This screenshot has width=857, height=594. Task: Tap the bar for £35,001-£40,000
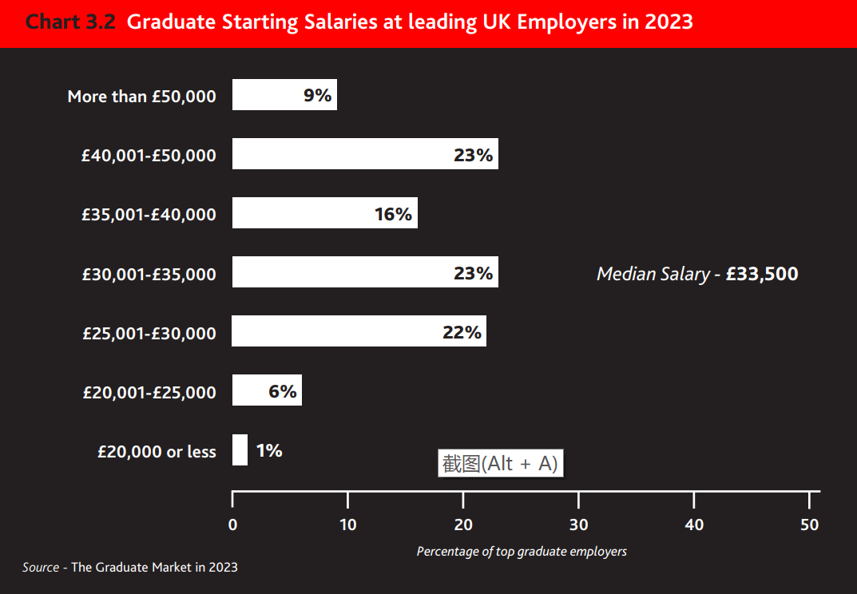point(304,213)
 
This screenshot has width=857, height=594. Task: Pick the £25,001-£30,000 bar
point(335,331)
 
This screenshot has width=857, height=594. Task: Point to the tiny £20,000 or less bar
point(240,449)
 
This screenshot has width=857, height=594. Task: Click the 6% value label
point(283,391)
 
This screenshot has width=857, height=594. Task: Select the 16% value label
point(393,214)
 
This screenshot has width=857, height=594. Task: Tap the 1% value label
point(269,450)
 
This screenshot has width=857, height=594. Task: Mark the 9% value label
point(317,96)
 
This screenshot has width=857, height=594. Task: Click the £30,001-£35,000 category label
point(149,274)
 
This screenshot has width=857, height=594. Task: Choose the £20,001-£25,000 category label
point(149,392)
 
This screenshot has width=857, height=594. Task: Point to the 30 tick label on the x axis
point(579,525)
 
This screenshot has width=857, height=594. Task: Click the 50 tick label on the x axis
point(810,525)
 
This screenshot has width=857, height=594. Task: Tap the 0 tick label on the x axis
point(232,525)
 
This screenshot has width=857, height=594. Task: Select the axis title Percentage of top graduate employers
point(522,551)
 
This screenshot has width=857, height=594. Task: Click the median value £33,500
point(762,274)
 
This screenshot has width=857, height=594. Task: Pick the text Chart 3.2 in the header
point(71,22)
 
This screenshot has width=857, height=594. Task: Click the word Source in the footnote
point(41,567)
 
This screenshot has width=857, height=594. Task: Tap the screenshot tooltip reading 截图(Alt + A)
point(501,463)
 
